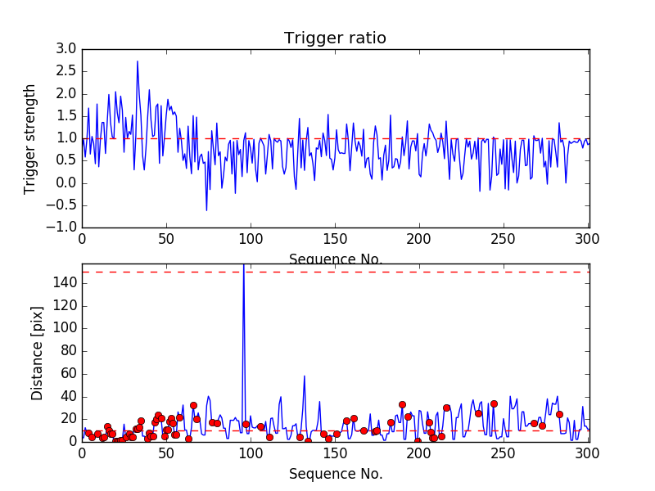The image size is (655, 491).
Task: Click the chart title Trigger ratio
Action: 335,38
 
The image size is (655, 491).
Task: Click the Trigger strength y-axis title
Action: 30,138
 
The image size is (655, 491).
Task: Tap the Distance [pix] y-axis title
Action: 37,360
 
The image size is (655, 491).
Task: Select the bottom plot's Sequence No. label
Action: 335,474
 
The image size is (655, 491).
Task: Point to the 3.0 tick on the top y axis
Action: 66,49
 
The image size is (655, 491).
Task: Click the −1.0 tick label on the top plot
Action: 62,227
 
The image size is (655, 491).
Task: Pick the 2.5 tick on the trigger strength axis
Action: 66,71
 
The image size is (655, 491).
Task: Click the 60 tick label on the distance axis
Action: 69,373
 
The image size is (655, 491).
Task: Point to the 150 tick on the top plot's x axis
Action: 335,239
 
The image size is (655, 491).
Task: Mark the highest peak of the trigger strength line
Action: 138,61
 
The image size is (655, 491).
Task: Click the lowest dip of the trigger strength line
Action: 206,210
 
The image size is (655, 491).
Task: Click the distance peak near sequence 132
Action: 305,376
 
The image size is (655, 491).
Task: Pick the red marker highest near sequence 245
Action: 494,403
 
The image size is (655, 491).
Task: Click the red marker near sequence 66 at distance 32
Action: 193,405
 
